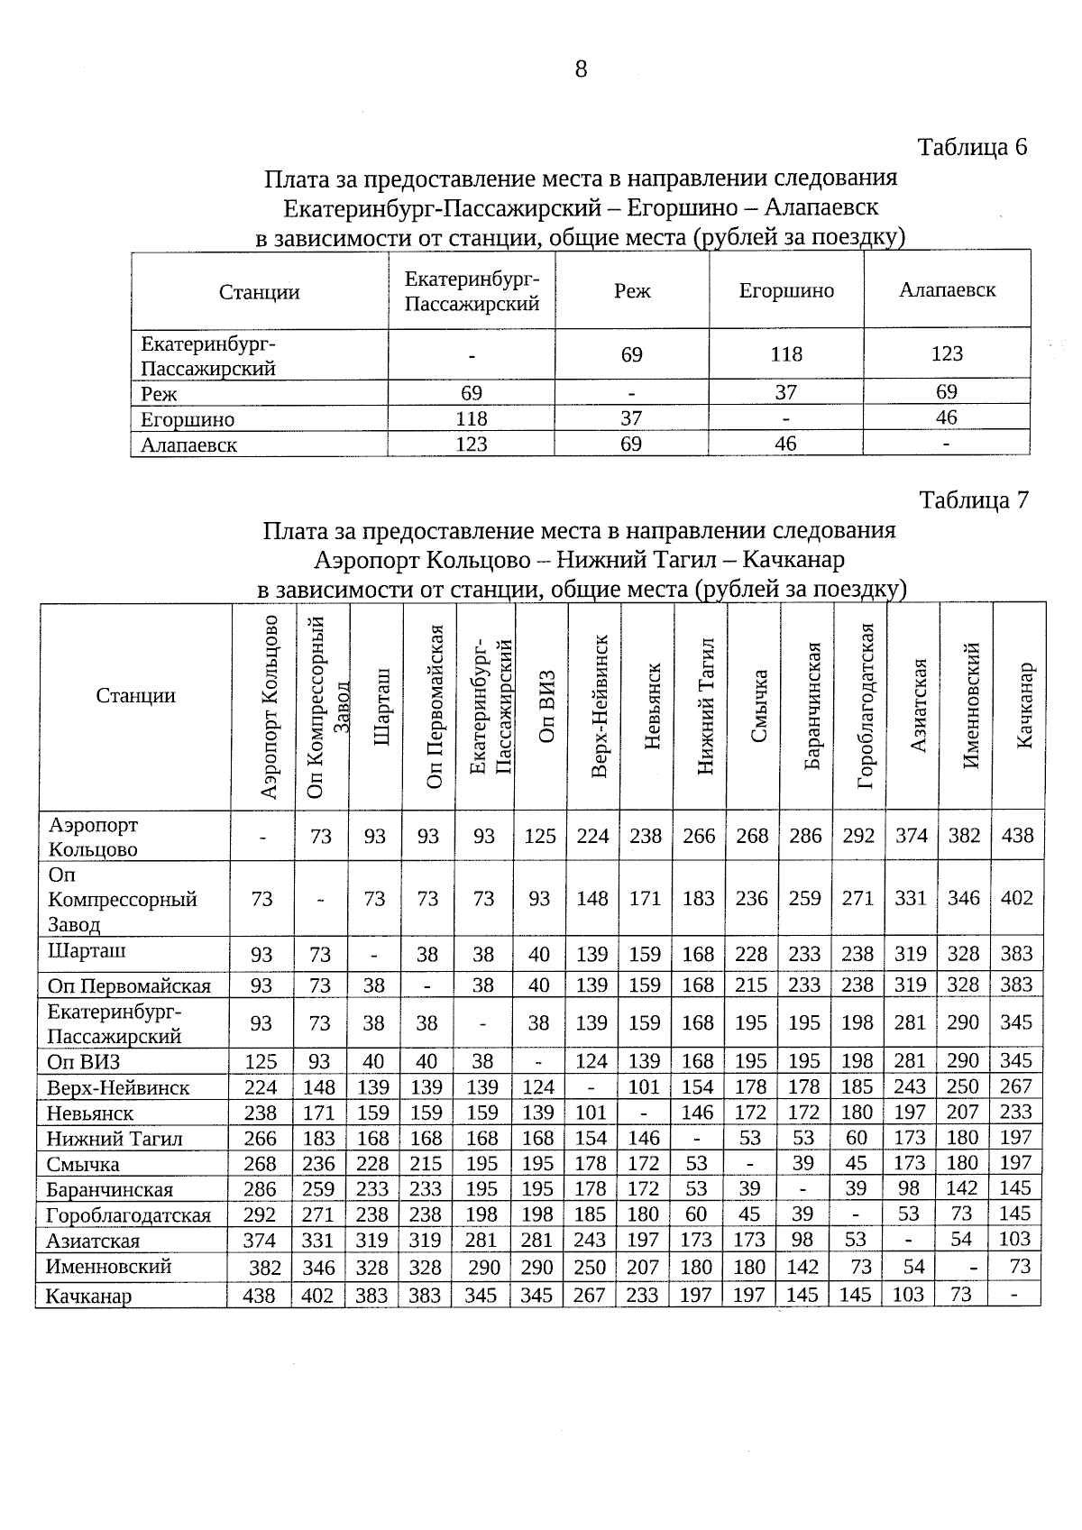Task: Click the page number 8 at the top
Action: point(581,69)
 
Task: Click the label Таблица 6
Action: point(972,147)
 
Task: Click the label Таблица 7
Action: point(972,499)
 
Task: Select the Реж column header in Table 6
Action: point(632,291)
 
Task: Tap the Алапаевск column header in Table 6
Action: point(947,289)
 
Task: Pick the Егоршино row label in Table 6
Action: point(188,420)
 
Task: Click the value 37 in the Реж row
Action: point(785,392)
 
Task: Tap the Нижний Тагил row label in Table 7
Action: point(115,1139)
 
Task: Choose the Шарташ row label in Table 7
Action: point(87,951)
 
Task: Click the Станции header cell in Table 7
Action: point(135,696)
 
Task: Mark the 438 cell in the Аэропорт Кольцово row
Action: point(1016,836)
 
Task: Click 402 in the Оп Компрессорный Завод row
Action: point(1016,898)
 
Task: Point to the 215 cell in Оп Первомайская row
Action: point(751,985)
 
